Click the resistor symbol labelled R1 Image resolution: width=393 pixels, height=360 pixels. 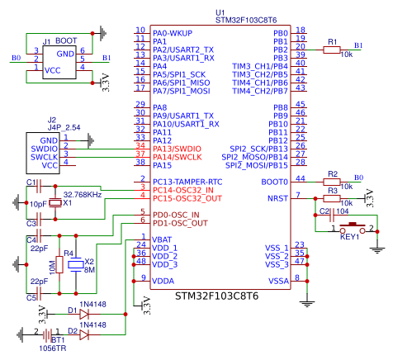click(x=332, y=50)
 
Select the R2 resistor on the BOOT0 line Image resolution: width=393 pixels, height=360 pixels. click(x=332, y=182)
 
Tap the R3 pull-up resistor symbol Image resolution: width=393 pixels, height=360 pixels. click(x=332, y=198)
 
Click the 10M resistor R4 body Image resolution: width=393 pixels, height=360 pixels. click(x=59, y=264)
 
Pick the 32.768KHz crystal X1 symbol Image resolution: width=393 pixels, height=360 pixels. click(x=55, y=203)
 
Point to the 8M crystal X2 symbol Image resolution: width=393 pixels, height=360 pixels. click(x=76, y=264)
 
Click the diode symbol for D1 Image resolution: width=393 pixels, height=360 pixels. click(x=84, y=314)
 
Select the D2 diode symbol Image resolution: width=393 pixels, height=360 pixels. click(x=84, y=334)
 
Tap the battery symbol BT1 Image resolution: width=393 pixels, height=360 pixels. click(x=47, y=335)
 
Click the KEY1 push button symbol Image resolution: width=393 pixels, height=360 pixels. click(x=353, y=229)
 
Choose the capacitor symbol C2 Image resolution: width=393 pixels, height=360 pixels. click(x=333, y=215)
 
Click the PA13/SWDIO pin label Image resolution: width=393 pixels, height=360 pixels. click(x=177, y=149)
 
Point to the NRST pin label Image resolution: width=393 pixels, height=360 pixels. click(x=277, y=198)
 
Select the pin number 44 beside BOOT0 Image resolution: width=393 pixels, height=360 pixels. click(x=301, y=178)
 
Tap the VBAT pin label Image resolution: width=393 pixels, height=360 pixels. click(x=162, y=239)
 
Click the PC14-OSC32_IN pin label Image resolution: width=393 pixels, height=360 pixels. click(x=183, y=190)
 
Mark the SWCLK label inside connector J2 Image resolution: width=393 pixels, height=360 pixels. click(x=44, y=157)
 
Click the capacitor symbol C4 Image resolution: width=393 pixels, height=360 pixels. click(x=39, y=235)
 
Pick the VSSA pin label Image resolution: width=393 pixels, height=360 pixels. click(x=279, y=281)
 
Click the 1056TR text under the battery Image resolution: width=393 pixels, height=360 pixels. click(x=53, y=348)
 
